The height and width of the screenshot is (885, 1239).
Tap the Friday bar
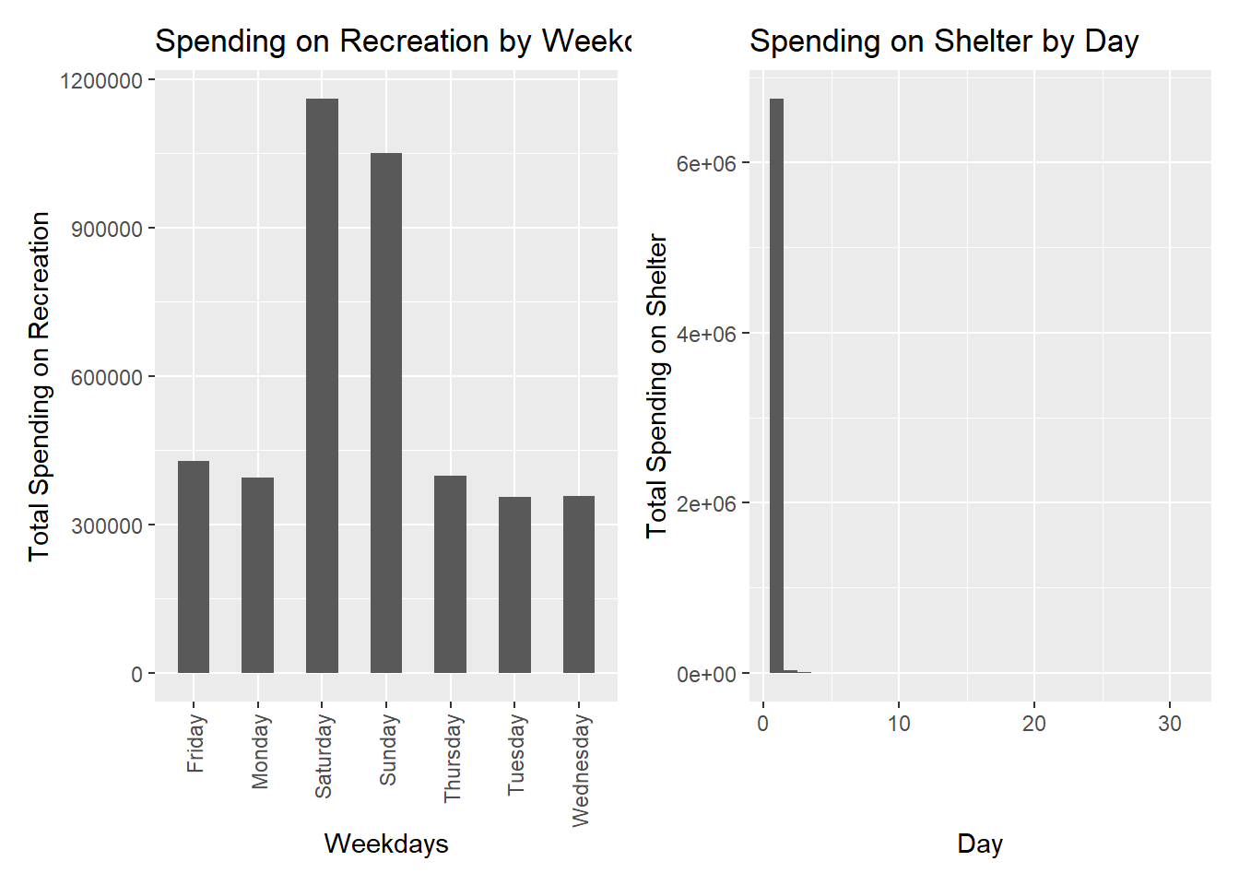coord(194,567)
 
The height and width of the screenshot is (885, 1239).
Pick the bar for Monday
coord(257,575)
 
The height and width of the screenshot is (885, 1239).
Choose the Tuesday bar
coord(514,584)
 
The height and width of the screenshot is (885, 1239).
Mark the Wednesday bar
coord(579,584)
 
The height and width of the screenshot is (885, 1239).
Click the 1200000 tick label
coord(101,81)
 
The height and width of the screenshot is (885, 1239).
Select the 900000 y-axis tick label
coord(107,230)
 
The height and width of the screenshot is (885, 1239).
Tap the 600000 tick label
coord(107,377)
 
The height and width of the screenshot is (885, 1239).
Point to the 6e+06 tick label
coord(706,164)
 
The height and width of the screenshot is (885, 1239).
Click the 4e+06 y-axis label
coord(706,334)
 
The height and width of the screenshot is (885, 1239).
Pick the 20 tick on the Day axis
coord(1034,724)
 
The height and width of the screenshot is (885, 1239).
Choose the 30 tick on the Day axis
coord(1170,724)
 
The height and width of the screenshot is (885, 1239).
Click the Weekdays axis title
coord(386,844)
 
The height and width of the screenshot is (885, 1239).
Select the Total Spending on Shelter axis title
coord(656,385)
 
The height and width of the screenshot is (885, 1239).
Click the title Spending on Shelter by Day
coord(944,41)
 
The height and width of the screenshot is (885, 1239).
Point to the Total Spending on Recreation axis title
coord(39,385)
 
